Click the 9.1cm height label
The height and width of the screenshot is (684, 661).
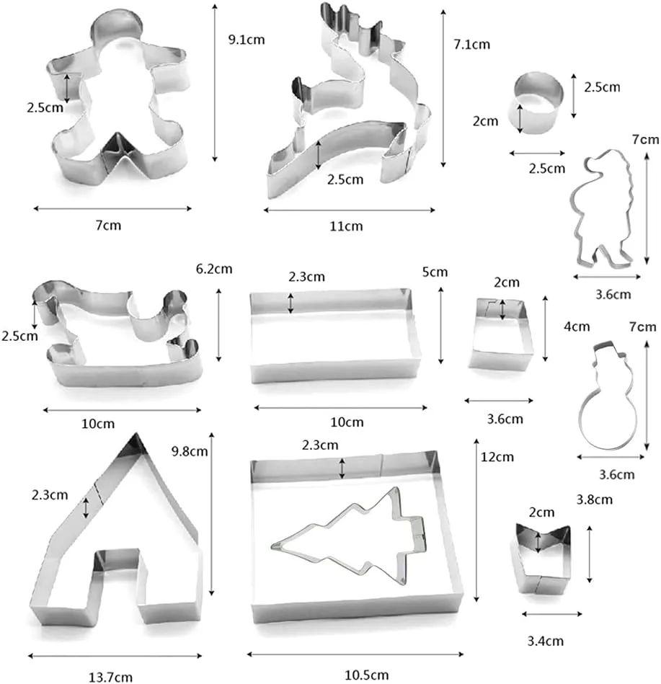point(247,40)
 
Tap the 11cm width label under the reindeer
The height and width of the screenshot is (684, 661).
point(346,226)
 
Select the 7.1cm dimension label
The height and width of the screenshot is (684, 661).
point(471,44)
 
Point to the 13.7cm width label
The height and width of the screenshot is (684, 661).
point(110,677)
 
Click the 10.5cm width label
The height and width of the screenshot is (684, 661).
point(366,675)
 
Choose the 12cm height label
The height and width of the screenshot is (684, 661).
point(497,457)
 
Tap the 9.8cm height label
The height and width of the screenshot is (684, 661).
point(190,451)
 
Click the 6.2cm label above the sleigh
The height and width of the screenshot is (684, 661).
point(214,269)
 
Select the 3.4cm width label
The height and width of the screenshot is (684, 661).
point(546,641)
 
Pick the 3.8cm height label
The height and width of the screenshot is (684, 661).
point(594,499)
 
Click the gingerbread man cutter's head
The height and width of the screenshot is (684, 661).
point(117,27)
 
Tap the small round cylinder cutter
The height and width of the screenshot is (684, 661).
point(538,103)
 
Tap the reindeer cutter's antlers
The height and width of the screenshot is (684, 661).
point(349,22)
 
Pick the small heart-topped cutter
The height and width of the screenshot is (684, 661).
point(542,559)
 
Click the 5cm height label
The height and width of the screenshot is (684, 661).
point(435,272)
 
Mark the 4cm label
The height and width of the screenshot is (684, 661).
point(577,327)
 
